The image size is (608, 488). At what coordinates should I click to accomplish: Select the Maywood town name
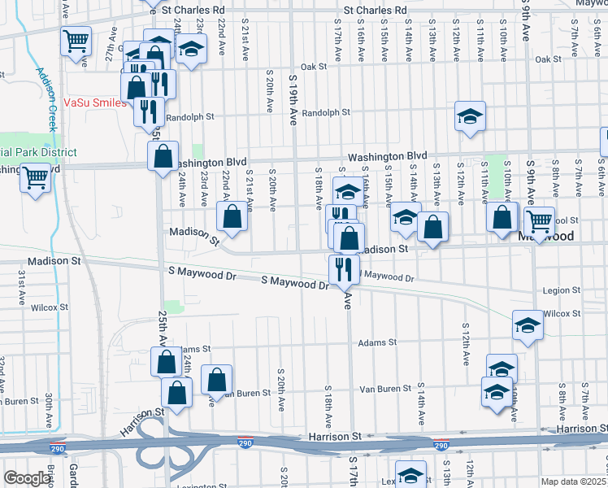[546, 237]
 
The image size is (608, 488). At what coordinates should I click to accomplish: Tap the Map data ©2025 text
[574, 481]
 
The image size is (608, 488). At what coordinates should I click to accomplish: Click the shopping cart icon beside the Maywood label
[538, 220]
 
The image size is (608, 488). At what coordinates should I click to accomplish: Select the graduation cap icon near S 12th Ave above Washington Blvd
[470, 115]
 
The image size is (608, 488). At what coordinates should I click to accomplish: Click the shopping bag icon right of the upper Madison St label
[232, 217]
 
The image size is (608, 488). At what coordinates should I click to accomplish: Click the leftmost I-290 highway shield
[245, 442]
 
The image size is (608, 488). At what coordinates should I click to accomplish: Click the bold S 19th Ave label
[293, 98]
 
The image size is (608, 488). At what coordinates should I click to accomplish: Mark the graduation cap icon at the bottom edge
[410, 474]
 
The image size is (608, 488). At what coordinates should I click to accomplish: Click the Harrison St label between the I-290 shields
[334, 437]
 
